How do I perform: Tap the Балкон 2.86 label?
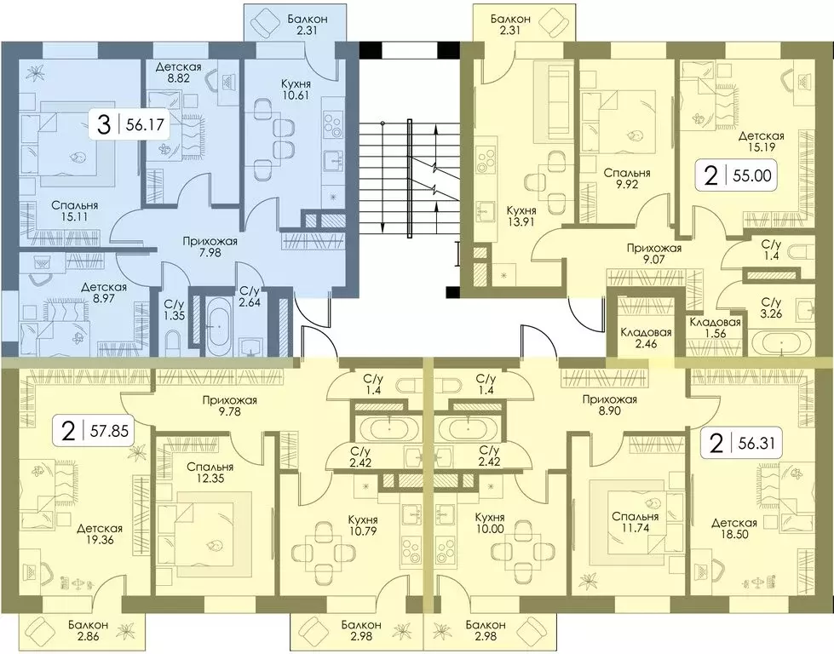(x=88, y=630)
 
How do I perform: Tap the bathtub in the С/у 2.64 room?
(x=218, y=324)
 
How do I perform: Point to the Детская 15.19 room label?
(x=761, y=142)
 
